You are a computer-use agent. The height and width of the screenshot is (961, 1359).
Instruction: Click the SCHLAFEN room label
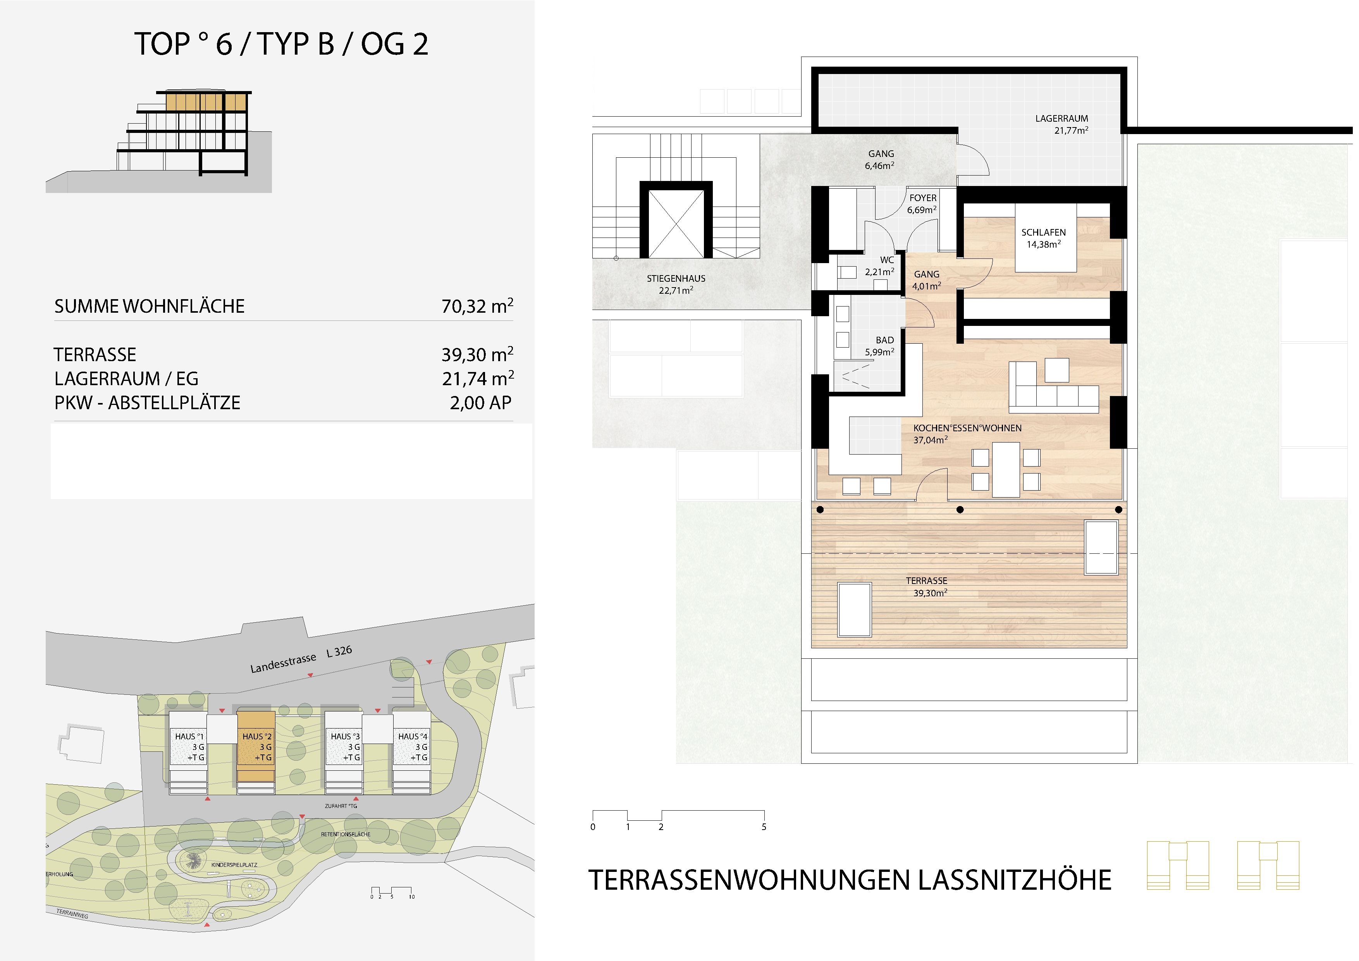click(x=1044, y=233)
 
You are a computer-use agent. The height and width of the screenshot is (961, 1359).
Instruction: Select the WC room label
click(x=887, y=260)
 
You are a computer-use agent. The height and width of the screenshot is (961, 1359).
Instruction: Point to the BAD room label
click(x=885, y=340)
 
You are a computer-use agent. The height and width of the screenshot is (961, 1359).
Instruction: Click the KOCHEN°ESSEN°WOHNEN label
click(x=967, y=428)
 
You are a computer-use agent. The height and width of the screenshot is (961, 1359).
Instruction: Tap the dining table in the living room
click(x=1006, y=470)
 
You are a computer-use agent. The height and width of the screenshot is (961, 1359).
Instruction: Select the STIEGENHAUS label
click(x=676, y=278)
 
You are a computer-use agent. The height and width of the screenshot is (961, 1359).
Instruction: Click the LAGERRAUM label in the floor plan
click(x=1062, y=119)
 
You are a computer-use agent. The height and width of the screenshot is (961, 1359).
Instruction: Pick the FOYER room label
click(x=923, y=198)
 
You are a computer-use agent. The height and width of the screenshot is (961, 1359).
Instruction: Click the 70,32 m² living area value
click(x=477, y=306)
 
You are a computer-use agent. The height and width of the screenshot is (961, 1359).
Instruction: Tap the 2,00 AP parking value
click(x=481, y=403)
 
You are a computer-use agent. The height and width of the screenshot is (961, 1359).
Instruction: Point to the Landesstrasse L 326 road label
click(x=301, y=660)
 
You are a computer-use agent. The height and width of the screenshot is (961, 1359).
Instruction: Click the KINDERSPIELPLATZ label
click(x=234, y=865)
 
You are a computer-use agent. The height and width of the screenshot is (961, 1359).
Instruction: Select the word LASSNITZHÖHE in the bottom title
click(x=1015, y=880)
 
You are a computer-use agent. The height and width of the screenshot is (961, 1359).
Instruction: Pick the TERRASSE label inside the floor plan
click(x=927, y=581)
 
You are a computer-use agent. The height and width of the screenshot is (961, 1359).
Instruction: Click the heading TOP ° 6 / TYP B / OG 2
click(x=282, y=44)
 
